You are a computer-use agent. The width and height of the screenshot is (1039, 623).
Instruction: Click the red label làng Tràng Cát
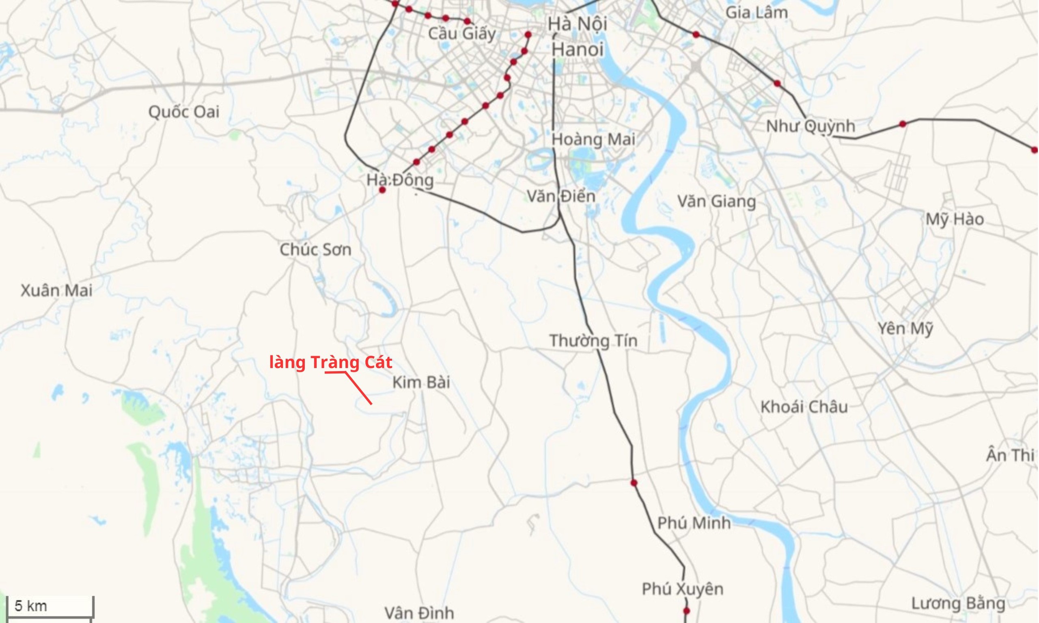pos(330,363)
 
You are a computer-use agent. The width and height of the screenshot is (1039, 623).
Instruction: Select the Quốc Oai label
pos(184,112)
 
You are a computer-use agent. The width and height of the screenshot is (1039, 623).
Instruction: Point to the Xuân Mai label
pos(57,290)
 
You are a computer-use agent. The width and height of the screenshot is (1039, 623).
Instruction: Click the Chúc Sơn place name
pos(315,250)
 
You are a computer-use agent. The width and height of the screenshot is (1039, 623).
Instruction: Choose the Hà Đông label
pos(400,180)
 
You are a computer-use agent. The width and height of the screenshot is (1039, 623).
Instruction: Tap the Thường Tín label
pos(593,341)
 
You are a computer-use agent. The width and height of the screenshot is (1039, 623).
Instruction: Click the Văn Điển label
pos(561,197)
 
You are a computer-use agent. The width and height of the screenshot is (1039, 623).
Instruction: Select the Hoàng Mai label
pos(593,140)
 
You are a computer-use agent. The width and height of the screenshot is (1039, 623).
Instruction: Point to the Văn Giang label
pos(716,202)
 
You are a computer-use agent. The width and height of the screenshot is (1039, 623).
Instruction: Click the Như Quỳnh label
pos(811,126)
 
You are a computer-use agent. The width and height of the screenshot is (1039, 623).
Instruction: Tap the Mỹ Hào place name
pos(955,220)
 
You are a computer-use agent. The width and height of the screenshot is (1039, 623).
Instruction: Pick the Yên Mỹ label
pos(905,329)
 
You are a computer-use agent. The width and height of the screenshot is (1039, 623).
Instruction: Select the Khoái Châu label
pos(804,407)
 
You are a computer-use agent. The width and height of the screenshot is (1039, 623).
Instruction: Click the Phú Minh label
pos(694,523)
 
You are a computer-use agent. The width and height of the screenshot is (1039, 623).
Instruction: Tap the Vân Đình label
pos(419,613)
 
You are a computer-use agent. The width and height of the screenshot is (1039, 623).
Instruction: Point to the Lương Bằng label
pos(958,604)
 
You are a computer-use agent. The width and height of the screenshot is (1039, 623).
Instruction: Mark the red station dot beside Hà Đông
pos(382,190)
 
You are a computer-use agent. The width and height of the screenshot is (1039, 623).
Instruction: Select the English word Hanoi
pos(577,50)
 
